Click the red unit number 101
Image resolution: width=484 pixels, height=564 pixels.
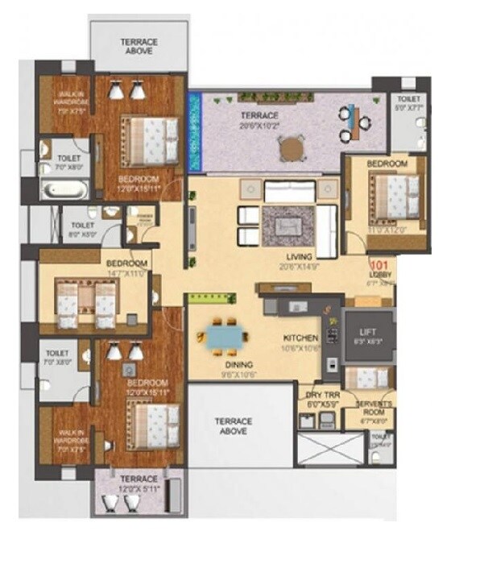click(380, 262)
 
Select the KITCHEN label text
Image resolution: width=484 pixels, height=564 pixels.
click(300, 338)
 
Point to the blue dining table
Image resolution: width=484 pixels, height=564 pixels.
click(222, 336)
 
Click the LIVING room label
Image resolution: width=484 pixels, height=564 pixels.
click(294, 257)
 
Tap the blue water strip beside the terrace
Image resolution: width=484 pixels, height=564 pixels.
click(194, 133)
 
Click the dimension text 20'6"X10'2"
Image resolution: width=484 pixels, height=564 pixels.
click(261, 126)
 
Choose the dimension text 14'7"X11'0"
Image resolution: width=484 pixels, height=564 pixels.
click(127, 273)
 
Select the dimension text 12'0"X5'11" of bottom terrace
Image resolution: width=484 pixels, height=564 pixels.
click(134, 488)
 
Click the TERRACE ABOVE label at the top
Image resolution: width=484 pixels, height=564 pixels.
click(139, 47)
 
